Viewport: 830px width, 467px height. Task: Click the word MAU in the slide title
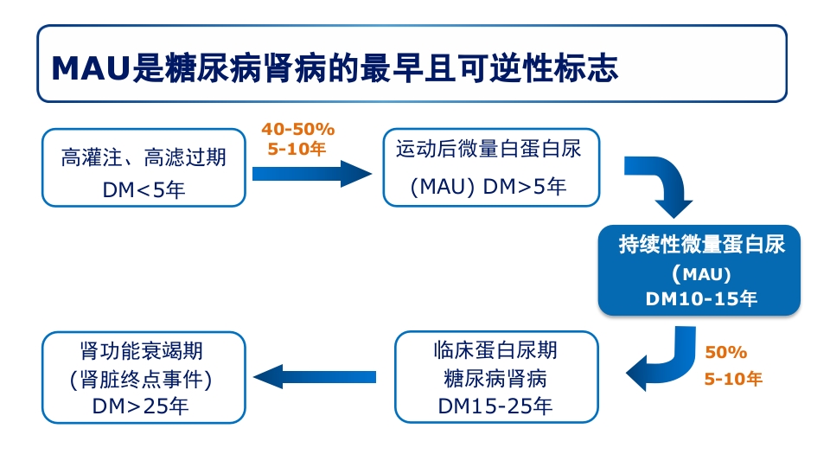click(90, 68)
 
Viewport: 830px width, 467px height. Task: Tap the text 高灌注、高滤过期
click(144, 157)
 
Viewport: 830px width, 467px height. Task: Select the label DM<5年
click(144, 189)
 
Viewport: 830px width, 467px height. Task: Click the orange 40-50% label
click(297, 129)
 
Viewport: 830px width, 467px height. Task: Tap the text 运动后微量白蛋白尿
click(488, 149)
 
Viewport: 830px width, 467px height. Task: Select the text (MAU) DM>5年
click(488, 186)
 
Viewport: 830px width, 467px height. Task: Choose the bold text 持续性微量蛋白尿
click(701, 244)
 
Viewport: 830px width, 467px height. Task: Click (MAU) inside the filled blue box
click(701, 274)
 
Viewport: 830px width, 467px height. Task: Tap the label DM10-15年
click(701, 299)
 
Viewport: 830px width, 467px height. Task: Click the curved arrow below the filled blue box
click(661, 358)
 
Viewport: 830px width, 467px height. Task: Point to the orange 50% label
click(725, 353)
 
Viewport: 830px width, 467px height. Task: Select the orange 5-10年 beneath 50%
click(732, 379)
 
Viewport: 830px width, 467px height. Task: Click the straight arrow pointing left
click(315, 376)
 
